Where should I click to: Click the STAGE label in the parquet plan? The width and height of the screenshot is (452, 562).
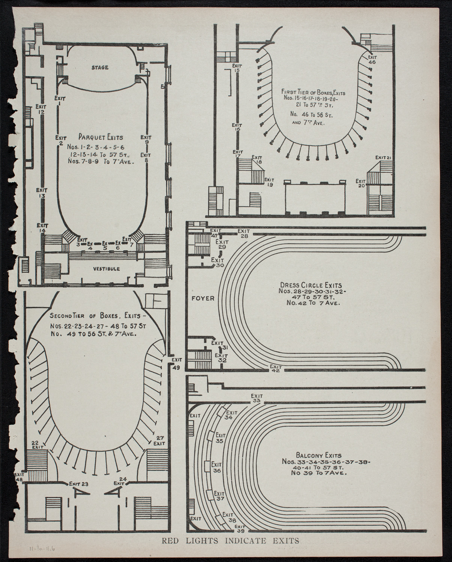tap(100, 67)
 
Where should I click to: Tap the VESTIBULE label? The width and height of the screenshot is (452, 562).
tap(107, 268)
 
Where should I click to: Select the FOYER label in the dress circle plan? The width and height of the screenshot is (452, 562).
tap(203, 298)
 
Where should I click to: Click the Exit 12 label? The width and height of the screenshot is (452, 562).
tap(42, 109)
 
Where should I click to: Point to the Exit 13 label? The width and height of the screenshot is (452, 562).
tap(42, 193)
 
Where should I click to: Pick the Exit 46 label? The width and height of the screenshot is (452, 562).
tap(372, 60)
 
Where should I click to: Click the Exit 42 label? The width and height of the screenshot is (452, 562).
tap(276, 369)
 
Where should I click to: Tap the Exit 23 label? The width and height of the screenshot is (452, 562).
tap(78, 484)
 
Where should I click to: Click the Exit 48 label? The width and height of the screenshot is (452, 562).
tap(19, 477)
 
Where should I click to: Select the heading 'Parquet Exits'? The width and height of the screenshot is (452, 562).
tap(101, 137)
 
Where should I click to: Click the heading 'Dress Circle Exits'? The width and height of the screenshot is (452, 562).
tap(315, 285)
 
